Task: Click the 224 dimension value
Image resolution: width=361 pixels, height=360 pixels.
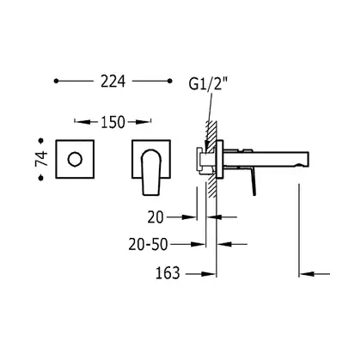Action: pos(113,82)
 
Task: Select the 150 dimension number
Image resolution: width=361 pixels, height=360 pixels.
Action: pos(113,122)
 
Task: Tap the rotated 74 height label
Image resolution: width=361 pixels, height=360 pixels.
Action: pos(41,159)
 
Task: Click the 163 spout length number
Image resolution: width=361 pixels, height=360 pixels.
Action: pos(168,273)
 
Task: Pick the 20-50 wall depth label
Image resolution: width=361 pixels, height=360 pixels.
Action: pos(148,245)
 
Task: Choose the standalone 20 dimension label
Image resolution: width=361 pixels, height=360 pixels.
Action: pos(156,217)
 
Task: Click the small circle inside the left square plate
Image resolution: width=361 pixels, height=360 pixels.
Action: pos(75,159)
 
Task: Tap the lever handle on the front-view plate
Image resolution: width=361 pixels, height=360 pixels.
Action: pos(152,173)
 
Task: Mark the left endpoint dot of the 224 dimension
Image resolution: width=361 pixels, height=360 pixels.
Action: pos(56,81)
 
